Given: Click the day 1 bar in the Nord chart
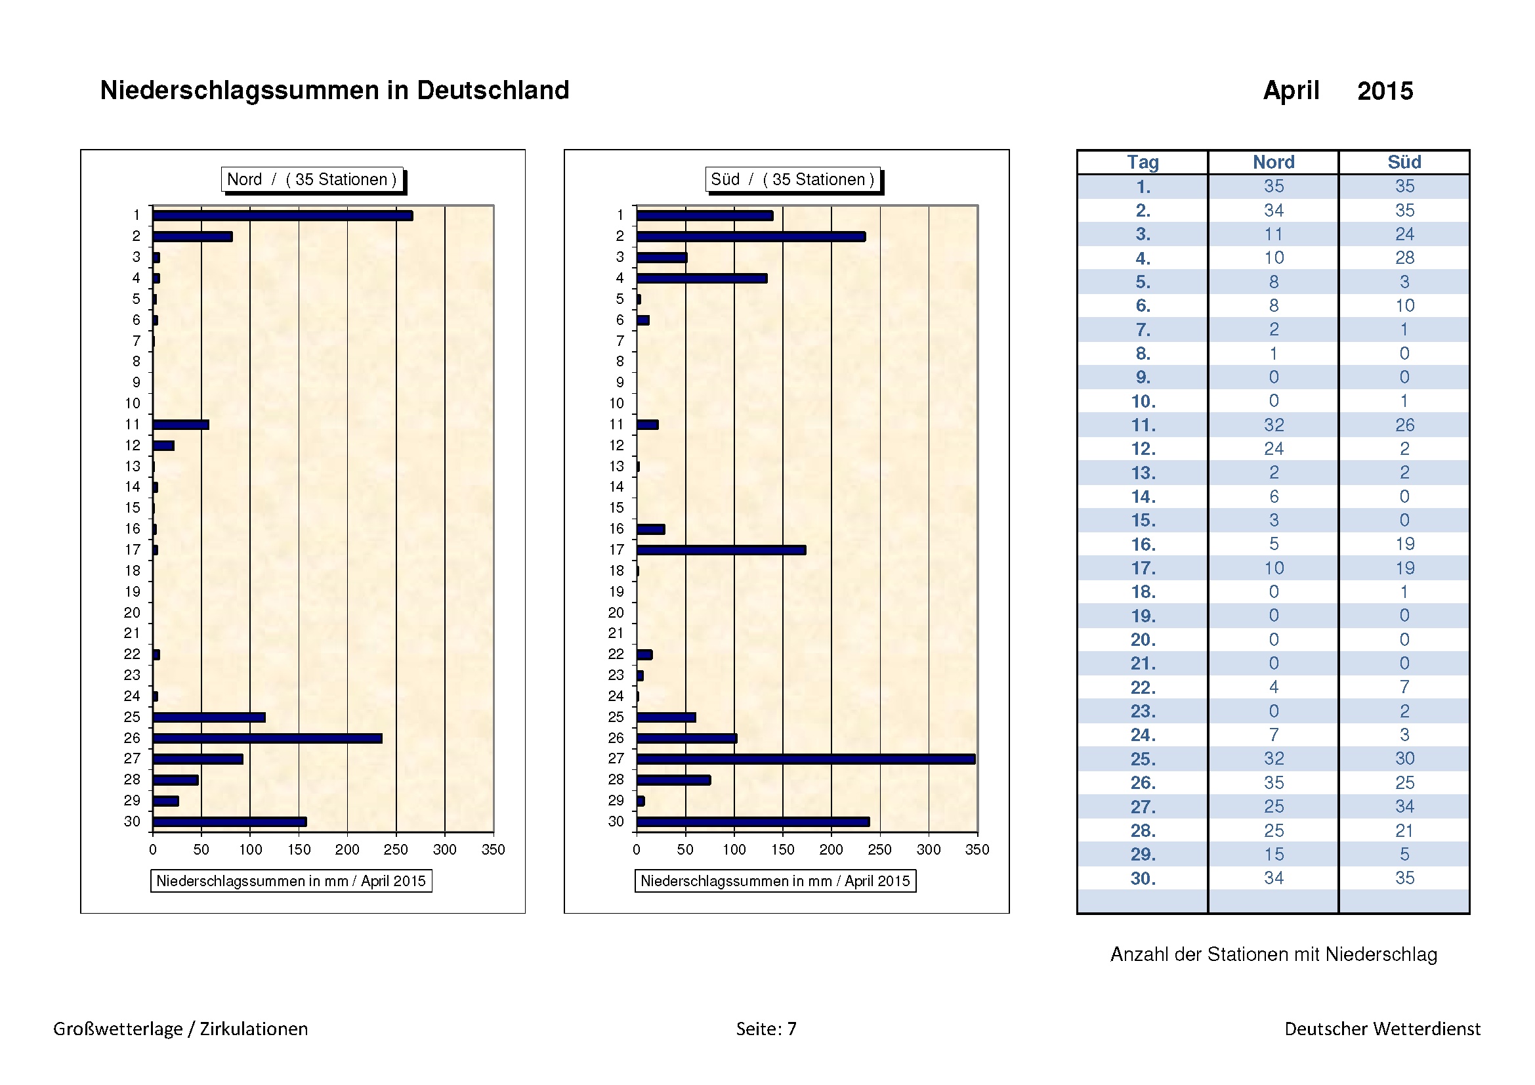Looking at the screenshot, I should [282, 216].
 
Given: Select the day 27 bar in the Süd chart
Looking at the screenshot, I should [806, 759].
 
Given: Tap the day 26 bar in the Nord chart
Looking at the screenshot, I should [267, 738].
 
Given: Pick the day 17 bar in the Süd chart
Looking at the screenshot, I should [721, 550].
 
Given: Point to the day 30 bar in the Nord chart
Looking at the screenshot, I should [229, 822].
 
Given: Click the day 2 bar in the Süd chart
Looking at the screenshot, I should [751, 237].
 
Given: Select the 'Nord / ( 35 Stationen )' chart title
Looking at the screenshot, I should [312, 179].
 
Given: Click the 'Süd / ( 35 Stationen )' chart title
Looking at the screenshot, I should [792, 179].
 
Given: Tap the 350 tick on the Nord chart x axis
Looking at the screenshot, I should [494, 849].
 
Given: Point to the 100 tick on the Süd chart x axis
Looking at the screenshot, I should [734, 849].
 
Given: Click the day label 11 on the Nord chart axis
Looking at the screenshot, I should [133, 425].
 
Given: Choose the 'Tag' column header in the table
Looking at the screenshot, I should [1143, 162].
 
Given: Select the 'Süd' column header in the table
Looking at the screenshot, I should [1404, 162].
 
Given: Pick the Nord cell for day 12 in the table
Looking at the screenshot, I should [1274, 448].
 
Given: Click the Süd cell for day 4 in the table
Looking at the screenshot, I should [1404, 258].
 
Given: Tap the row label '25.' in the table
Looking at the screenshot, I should [1143, 759].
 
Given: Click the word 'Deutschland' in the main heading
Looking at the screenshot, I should [493, 90].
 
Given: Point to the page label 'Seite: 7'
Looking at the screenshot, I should [766, 1029].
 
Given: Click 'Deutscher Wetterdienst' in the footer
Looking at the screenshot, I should [1382, 1029].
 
